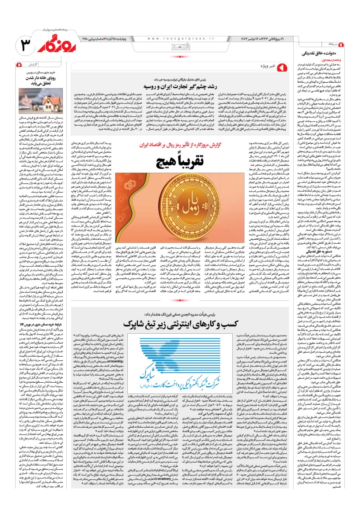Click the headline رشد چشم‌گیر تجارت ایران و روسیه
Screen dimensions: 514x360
coord(178,86)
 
